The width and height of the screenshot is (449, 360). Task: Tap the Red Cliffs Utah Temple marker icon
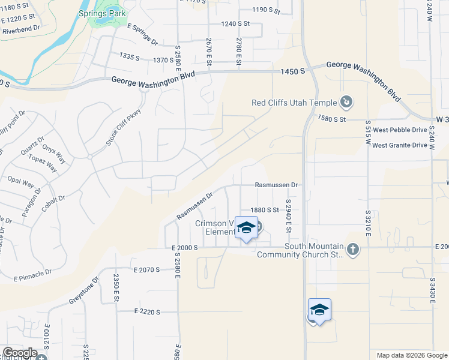(x=346, y=103)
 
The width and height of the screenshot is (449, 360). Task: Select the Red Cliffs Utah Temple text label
(x=294, y=103)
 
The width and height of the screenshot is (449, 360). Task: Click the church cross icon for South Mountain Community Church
(x=353, y=249)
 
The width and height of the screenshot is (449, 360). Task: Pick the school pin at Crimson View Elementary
(x=246, y=228)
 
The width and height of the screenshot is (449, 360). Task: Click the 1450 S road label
(x=294, y=72)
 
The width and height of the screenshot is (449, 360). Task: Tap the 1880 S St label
(x=265, y=210)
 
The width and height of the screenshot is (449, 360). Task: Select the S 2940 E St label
(x=288, y=217)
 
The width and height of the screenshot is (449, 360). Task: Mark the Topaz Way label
(x=43, y=163)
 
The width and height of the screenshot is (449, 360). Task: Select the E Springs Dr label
(x=142, y=35)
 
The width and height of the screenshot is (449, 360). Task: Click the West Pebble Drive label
(x=400, y=130)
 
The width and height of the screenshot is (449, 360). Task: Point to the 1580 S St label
(x=333, y=119)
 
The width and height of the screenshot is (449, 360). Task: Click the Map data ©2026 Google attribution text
(x=411, y=355)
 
